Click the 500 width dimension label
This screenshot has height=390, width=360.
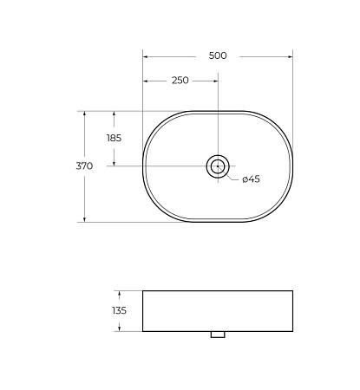[218, 55]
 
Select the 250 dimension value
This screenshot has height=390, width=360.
[180, 81]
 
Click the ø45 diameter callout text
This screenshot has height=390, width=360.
[251, 179]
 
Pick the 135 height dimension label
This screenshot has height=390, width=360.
[119, 310]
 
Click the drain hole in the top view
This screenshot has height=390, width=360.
[217, 166]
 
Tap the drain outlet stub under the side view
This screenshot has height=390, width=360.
[217, 334]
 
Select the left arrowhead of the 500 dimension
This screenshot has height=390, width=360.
[146, 56]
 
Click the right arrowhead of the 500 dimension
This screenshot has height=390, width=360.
[290, 56]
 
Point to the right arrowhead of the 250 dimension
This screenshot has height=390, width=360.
[214, 81]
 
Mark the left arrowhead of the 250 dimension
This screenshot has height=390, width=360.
[146, 81]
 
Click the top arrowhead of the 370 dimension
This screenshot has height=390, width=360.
[84, 114]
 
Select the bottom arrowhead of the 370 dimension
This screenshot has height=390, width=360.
[84, 218]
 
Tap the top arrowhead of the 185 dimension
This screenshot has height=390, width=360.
[114, 114]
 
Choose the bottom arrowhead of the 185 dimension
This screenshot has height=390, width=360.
[114, 162]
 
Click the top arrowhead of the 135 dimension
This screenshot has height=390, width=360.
[119, 294]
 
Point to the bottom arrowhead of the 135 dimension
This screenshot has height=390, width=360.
[119, 328]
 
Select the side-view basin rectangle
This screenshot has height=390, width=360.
[217, 310]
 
